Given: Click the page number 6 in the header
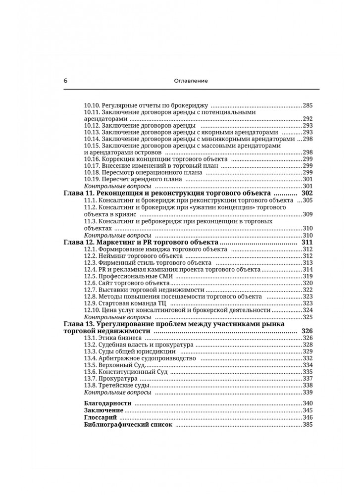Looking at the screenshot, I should [65, 81].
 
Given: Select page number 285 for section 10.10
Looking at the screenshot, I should [308, 105].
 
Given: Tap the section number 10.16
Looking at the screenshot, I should [93, 159].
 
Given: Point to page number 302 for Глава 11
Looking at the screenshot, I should [307, 193].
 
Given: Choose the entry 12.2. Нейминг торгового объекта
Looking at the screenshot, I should [134, 256].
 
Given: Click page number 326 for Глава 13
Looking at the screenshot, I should [307, 331].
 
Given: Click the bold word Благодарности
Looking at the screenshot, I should [107, 404].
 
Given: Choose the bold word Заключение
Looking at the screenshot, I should [103, 411].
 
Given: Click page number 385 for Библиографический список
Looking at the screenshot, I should [308, 425].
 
